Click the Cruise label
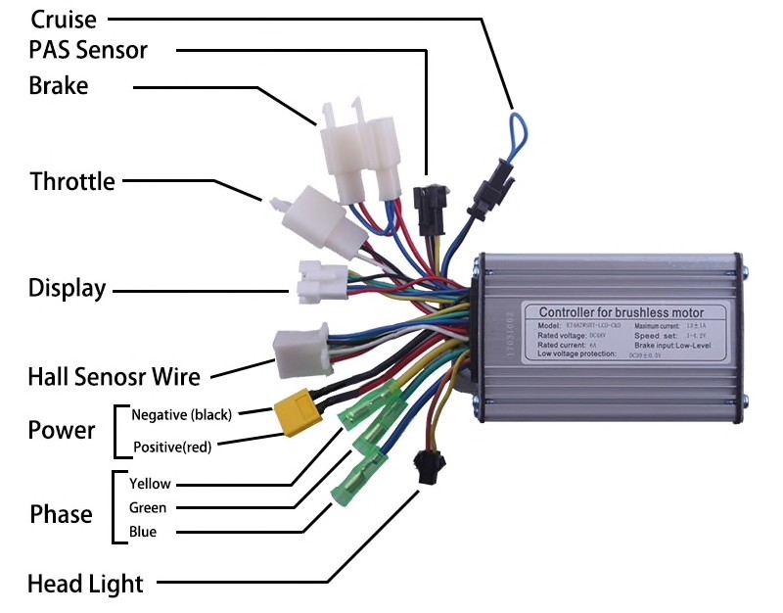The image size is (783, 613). point(65,19)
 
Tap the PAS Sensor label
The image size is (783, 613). point(88,49)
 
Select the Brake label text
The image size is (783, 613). point(58,86)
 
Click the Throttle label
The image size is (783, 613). point(71,181)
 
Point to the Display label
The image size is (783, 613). point(67,288)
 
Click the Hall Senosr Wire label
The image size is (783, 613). point(114,376)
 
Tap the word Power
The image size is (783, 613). point(61,430)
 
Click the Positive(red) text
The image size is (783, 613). point(171,448)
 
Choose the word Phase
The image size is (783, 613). point(61,514)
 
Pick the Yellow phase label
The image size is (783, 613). point(149,484)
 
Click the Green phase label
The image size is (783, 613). point(147,507)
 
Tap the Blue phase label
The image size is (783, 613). point(142,532)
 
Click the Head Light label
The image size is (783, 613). point(85,585)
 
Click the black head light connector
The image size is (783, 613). point(427,467)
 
